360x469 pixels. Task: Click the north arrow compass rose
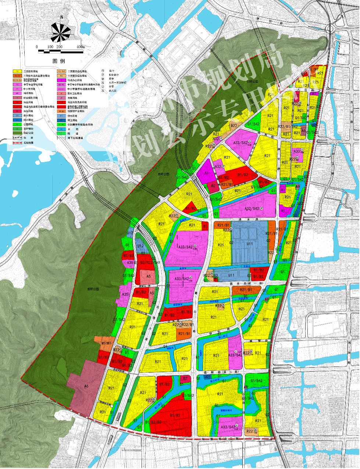pos(61,32)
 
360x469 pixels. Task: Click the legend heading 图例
pos(59,60)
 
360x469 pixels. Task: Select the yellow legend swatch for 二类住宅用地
pos(17,71)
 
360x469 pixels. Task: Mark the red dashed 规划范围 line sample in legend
pos(17,142)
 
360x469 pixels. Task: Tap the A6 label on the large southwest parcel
pos(86,386)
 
